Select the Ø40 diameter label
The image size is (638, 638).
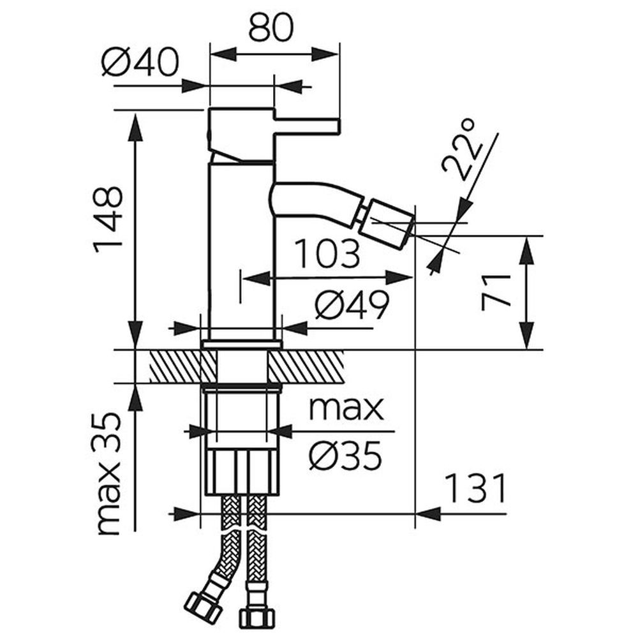(139, 64)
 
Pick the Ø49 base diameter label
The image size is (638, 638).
(352, 308)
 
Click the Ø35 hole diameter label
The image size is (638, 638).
(345, 455)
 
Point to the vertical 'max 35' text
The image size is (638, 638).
(108, 473)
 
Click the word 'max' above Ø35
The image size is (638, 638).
(346, 408)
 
